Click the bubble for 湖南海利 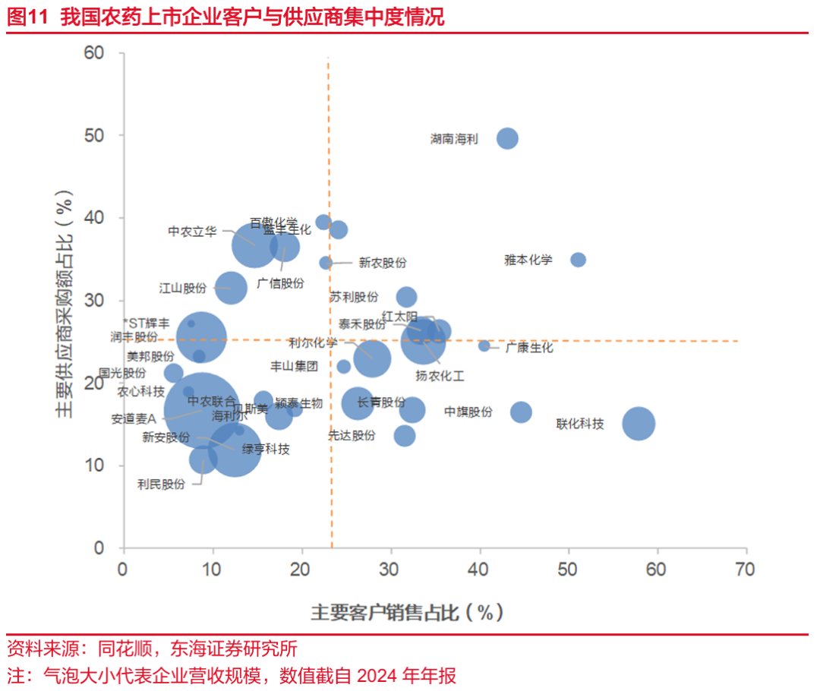point(507,138)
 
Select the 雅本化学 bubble point(578,260)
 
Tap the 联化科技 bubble point(639,423)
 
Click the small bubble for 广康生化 point(484,346)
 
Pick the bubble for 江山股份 point(232,288)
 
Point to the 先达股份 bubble point(405,436)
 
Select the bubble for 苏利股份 point(406,297)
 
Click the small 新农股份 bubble point(326,263)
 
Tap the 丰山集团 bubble point(343,367)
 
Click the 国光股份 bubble point(173,373)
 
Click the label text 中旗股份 point(468,412)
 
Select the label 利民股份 point(161,484)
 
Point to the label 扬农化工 point(440,375)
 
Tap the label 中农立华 point(192,231)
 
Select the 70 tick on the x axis point(745,569)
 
